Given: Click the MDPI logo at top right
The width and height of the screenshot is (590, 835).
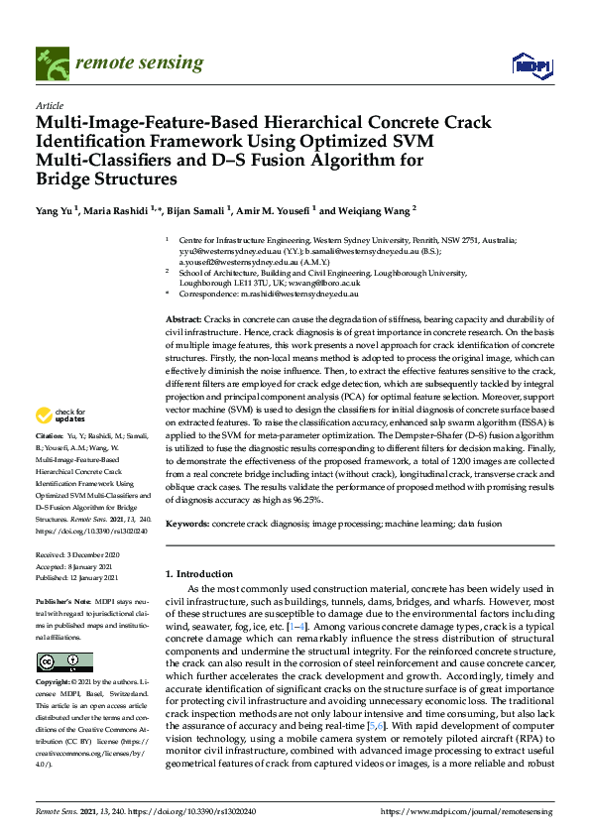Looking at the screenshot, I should click(531, 65).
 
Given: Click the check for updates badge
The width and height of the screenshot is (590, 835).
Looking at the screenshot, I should click(59, 442).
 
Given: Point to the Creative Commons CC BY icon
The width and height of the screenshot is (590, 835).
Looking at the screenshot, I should click(64, 661).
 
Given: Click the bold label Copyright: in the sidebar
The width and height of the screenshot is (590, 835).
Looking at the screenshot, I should click(54, 683).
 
